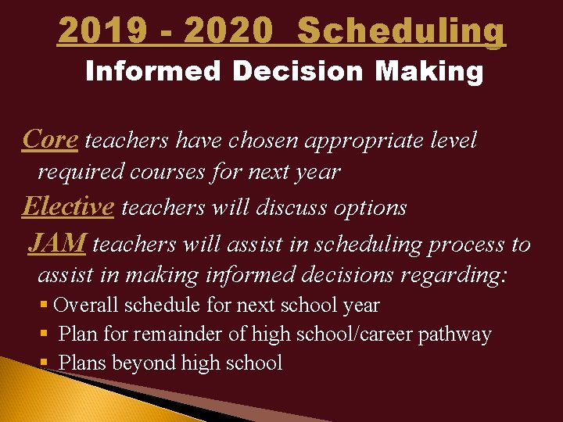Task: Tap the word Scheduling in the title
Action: pyautogui.click(x=402, y=31)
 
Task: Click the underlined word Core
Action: pyautogui.click(x=49, y=139)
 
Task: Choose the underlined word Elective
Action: pyautogui.click(x=68, y=206)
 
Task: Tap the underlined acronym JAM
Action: pyautogui.click(x=57, y=244)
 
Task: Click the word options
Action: pyautogui.click(x=369, y=208)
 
